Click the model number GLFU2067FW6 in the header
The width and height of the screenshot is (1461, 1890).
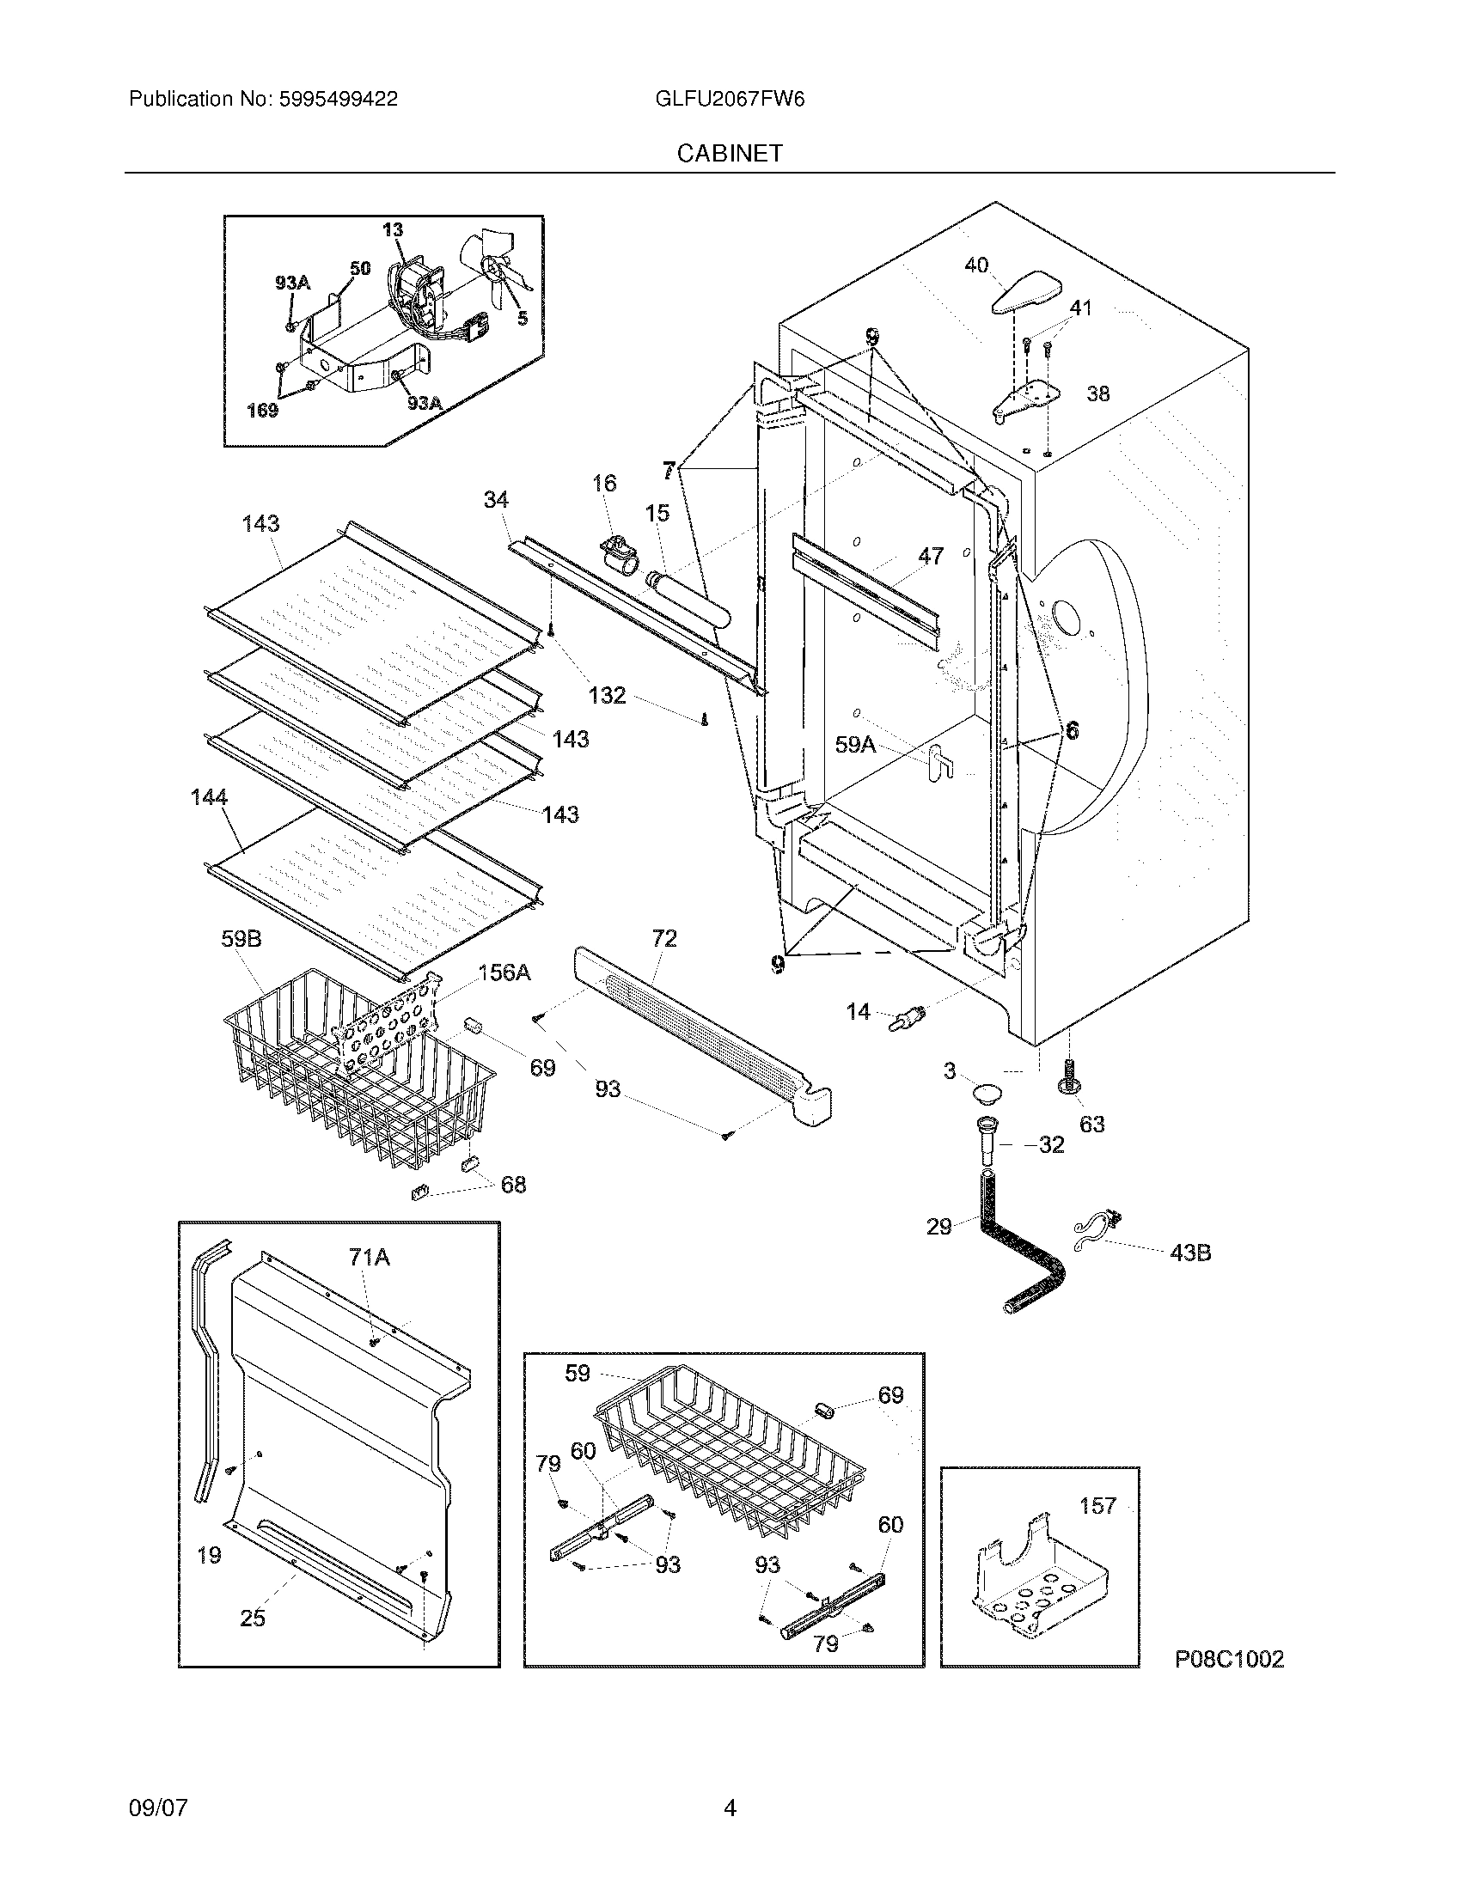(730, 100)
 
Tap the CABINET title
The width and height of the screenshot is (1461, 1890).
(730, 153)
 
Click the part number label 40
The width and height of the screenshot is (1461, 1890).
(976, 265)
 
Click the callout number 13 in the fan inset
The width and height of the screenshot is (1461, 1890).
(392, 229)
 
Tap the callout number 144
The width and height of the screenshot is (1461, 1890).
(210, 797)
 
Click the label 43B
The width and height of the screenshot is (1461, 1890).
(1189, 1252)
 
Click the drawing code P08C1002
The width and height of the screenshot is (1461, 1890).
(1229, 1659)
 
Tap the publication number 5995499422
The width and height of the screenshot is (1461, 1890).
(338, 100)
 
